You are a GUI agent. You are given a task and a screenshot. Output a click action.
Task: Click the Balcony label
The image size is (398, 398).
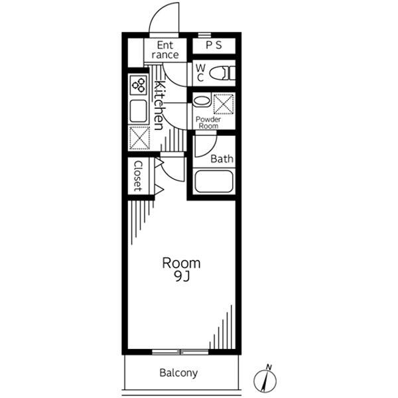click(x=178, y=373)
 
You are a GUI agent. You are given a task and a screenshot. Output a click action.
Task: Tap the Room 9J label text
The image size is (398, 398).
click(x=181, y=269)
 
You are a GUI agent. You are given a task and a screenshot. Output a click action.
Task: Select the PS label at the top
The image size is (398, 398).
click(x=214, y=45)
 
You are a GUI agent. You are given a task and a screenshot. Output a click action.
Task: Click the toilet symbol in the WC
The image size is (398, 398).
click(x=223, y=73)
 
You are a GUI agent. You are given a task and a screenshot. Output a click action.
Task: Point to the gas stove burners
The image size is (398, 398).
click(x=139, y=85)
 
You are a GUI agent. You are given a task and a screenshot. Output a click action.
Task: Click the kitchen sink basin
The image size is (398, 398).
click(x=139, y=111)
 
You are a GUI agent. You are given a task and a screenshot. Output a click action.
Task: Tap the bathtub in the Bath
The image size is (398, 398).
click(x=214, y=182)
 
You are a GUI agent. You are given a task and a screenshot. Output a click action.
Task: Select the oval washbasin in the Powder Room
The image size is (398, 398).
click(x=202, y=101)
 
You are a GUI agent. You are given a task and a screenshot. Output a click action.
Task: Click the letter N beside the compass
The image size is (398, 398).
click(x=269, y=367)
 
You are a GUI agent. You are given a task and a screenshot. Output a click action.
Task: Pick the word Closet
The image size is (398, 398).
click(x=138, y=176)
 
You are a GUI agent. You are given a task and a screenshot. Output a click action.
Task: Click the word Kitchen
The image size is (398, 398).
click(x=159, y=105)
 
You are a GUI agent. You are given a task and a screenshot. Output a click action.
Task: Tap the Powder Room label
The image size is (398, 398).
click(x=208, y=123)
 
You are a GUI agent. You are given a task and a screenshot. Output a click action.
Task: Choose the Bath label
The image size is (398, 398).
click(x=222, y=159)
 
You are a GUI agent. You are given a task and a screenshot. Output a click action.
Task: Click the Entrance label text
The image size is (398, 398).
click(x=165, y=50)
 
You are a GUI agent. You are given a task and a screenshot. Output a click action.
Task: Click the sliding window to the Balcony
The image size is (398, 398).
click(x=180, y=352)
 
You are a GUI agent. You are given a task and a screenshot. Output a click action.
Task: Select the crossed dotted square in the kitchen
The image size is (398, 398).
click(x=139, y=137)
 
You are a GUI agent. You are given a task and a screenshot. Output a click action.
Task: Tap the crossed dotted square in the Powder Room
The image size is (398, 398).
click(x=224, y=104)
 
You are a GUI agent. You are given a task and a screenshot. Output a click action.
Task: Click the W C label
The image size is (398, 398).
click(x=200, y=73)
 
